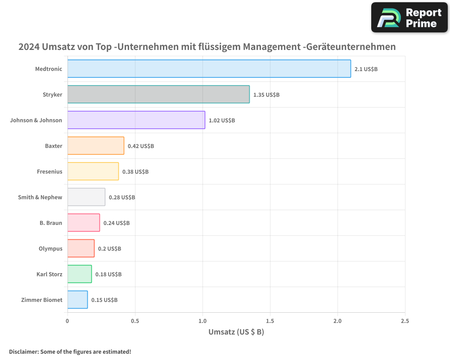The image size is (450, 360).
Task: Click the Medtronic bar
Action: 209,69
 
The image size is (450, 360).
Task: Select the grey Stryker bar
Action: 158,94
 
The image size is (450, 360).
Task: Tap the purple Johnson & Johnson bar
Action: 136,120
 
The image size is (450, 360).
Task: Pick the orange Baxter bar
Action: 95,146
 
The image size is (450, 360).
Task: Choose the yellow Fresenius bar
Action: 93,171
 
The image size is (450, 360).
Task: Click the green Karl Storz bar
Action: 79,274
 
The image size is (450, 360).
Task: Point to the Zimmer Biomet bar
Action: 77,300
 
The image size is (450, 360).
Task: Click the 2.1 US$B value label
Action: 366,69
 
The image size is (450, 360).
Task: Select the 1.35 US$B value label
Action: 266,95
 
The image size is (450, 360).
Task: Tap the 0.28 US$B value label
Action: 122,198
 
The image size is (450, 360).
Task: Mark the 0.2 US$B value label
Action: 109,249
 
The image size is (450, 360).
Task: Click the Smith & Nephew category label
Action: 40,197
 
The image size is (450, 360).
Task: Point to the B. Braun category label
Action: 51,223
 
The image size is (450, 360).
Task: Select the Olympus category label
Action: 50,248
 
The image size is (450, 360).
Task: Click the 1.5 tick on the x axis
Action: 270,321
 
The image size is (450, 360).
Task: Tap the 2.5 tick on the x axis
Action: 405,321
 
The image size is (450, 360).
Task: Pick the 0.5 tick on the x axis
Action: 135,321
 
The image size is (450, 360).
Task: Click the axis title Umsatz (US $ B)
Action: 236,332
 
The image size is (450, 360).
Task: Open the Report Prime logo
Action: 409,18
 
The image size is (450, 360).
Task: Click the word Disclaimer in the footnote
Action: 23,352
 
